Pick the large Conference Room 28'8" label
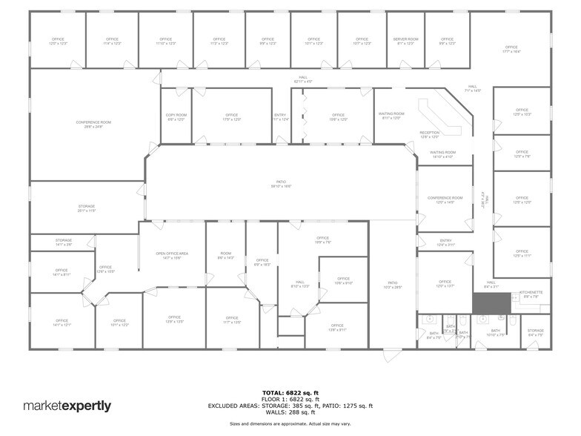coord(93,124)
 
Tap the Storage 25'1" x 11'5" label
coord(87,208)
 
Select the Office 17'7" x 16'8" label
coord(511,49)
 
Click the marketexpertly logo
coord(67,406)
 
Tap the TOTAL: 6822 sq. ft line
coord(290,392)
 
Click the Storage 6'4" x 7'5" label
coord(535,332)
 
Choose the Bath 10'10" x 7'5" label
coord(496,332)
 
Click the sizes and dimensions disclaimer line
coord(290,423)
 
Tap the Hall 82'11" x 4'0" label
coord(303,79)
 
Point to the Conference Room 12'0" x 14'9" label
coord(445,199)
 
